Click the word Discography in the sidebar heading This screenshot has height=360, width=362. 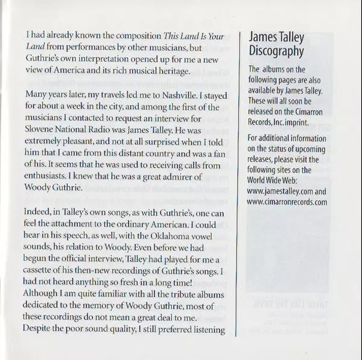tap(276, 51)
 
